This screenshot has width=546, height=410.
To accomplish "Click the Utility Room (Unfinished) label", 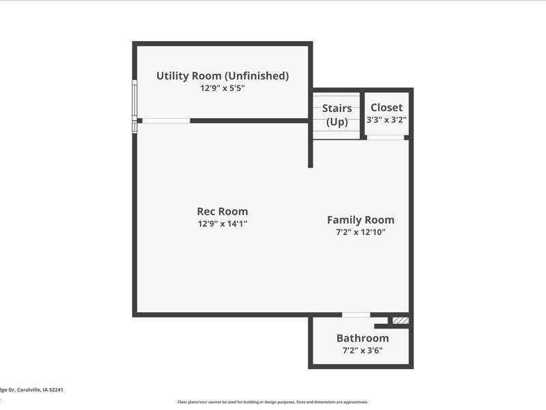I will click(x=222, y=76).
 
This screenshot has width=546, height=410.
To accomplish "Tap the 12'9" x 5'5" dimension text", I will click(x=222, y=88).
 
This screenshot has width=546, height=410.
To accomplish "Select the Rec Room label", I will click(x=222, y=211).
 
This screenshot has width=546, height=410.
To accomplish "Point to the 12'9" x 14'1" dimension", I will click(x=222, y=223).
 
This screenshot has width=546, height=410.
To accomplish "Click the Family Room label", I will click(x=360, y=220).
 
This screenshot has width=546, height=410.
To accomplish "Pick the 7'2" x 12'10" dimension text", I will click(x=360, y=232).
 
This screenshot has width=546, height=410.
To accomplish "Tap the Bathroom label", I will click(x=362, y=338).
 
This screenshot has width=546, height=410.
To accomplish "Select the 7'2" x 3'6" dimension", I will click(x=362, y=351).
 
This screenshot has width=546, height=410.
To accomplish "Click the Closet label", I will click(x=386, y=107).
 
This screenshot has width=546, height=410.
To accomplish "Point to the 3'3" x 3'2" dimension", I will click(x=386, y=120).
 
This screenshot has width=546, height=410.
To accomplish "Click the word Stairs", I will click(x=337, y=109).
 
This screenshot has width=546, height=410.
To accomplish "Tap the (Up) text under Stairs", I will click(x=337, y=122).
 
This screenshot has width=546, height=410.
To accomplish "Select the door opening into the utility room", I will click(x=166, y=121).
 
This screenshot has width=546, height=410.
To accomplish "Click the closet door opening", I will click(x=386, y=137).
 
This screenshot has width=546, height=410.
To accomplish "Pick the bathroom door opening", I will click(x=356, y=315).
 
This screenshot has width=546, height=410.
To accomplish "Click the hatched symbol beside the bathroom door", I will click(x=401, y=320).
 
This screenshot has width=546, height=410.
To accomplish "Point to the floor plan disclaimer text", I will click(x=273, y=402).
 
